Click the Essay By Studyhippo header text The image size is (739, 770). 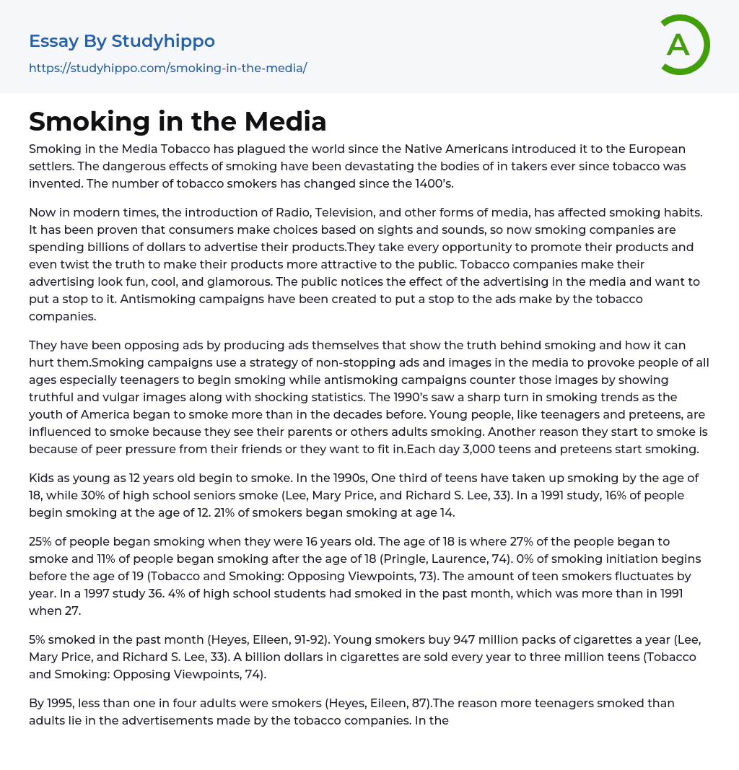tap(122, 41)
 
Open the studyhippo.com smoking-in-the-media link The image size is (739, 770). tap(167, 68)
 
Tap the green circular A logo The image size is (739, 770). tap(679, 45)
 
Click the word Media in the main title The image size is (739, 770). tap(284, 121)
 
